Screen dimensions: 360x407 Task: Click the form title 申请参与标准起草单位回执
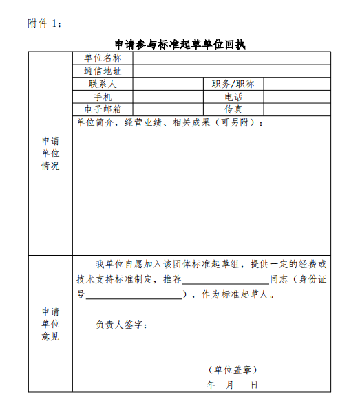(180, 45)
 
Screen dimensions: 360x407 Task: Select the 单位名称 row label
(103, 58)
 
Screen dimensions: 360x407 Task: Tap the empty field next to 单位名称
(231, 58)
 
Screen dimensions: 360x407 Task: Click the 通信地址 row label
(103, 71)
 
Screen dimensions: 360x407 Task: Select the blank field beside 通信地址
(231, 71)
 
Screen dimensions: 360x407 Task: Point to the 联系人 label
(103, 84)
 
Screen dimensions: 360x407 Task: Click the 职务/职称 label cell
(233, 84)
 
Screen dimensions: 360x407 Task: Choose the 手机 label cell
(103, 97)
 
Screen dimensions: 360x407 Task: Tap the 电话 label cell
(233, 97)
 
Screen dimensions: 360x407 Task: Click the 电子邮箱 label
(103, 109)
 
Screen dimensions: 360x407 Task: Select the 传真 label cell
(233, 109)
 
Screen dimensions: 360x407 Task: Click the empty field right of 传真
(297, 109)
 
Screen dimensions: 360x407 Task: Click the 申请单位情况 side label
(50, 153)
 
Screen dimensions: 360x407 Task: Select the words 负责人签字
(121, 324)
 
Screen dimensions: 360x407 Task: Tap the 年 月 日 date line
(233, 385)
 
